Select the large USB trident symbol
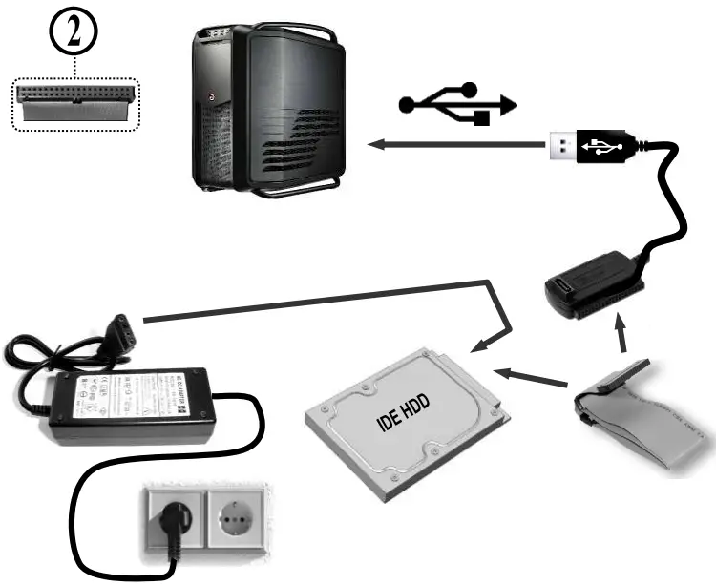coord(457,102)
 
